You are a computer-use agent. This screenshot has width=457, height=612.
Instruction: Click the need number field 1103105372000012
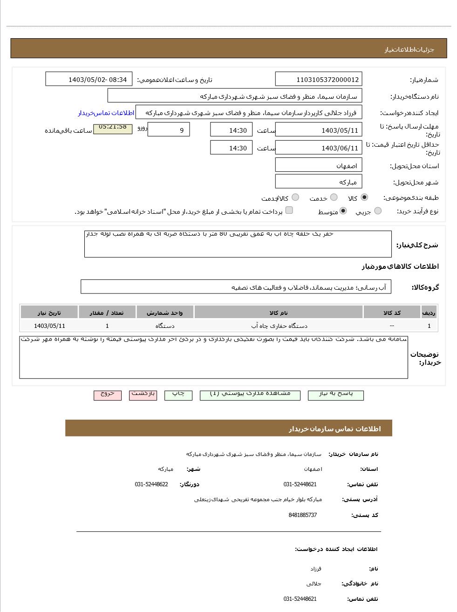[318, 80]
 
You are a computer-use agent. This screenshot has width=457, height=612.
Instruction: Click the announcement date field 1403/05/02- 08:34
[89, 80]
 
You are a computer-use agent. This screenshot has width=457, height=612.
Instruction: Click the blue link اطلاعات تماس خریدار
[106, 113]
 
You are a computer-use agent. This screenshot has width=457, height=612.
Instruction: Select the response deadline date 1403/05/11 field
[318, 130]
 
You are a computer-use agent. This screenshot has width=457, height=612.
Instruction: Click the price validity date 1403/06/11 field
[318, 148]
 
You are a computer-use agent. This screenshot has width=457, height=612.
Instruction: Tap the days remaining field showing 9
[168, 130]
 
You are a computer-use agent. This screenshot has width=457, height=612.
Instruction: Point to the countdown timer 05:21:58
[113, 128]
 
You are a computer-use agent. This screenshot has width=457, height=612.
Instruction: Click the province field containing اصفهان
[318, 165]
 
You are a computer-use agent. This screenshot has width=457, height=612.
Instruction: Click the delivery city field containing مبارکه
[318, 182]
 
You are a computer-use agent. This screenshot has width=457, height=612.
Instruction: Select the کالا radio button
[364, 197]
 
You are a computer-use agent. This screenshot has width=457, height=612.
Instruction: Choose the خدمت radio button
[334, 197]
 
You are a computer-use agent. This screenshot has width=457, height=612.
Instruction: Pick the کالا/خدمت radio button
[295, 197]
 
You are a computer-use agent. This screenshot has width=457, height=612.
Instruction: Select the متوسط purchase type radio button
[343, 211]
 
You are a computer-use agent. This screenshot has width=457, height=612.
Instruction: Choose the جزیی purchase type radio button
[378, 211]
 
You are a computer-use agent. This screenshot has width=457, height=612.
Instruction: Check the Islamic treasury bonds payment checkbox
[289, 211]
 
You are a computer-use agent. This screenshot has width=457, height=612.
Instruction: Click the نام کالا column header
[279, 313]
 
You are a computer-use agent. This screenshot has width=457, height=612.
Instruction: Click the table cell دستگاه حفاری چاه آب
[279, 326]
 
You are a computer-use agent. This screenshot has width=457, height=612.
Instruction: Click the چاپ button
[178, 394]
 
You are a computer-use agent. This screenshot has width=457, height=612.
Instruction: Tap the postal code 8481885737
[303, 515]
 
